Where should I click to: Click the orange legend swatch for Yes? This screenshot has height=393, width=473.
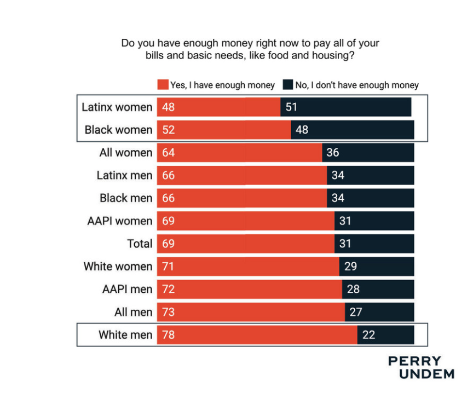click(163, 85)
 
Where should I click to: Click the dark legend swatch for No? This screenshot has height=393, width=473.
click(287, 85)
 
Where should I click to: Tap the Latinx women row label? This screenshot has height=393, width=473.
click(117, 107)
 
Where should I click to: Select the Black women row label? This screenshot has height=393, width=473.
click(118, 130)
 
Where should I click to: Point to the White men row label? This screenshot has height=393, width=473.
click(125, 334)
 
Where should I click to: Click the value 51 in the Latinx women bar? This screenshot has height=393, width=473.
click(291, 107)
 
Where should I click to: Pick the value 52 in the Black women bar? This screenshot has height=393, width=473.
click(169, 130)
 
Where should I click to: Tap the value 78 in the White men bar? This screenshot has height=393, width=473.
click(169, 334)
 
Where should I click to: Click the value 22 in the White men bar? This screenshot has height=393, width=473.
click(368, 334)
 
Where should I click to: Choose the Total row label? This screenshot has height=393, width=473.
click(140, 244)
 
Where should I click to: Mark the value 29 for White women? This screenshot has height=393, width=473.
click(350, 267)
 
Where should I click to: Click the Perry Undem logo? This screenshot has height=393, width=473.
click(422, 367)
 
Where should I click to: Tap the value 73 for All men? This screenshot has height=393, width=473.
click(169, 312)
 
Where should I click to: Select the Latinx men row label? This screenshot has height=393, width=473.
click(124, 176)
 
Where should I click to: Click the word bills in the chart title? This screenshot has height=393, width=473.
click(157, 56)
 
